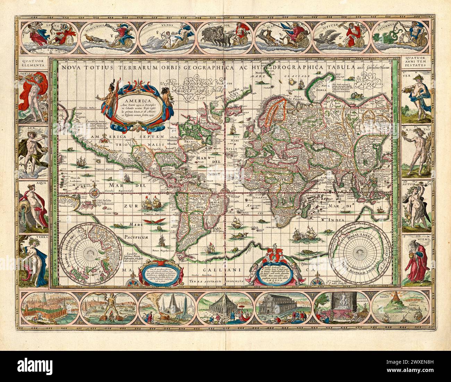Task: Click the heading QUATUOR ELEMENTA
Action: [34, 63]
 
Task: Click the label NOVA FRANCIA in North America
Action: [190, 142]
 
